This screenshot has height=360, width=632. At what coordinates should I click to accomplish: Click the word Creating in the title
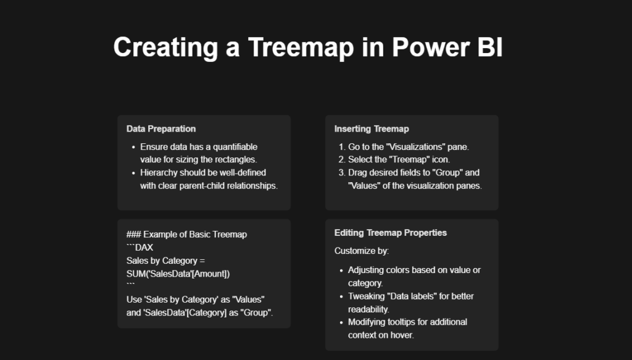pyautogui.click(x=165, y=48)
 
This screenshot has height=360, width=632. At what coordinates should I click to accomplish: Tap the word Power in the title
pyautogui.click(x=430, y=47)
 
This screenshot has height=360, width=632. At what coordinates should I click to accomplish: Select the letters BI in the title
pyautogui.click(x=490, y=47)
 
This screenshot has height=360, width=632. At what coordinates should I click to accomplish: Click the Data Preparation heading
pyautogui.click(x=161, y=129)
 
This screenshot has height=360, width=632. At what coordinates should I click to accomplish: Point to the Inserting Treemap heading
pyautogui.click(x=372, y=129)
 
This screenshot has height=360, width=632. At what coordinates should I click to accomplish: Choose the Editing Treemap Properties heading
pyautogui.click(x=391, y=233)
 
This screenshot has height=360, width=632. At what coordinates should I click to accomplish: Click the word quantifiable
pyautogui.click(x=235, y=147)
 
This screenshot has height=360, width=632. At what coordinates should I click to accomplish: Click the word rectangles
pyautogui.click(x=236, y=160)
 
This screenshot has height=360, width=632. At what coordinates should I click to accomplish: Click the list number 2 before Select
pyautogui.click(x=341, y=160)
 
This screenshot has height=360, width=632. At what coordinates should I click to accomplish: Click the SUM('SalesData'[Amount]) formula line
pyautogui.click(x=178, y=274)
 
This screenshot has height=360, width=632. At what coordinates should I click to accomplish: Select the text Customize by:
pyautogui.click(x=362, y=251)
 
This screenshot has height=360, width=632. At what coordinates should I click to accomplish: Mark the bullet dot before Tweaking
pyautogui.click(x=341, y=297)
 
